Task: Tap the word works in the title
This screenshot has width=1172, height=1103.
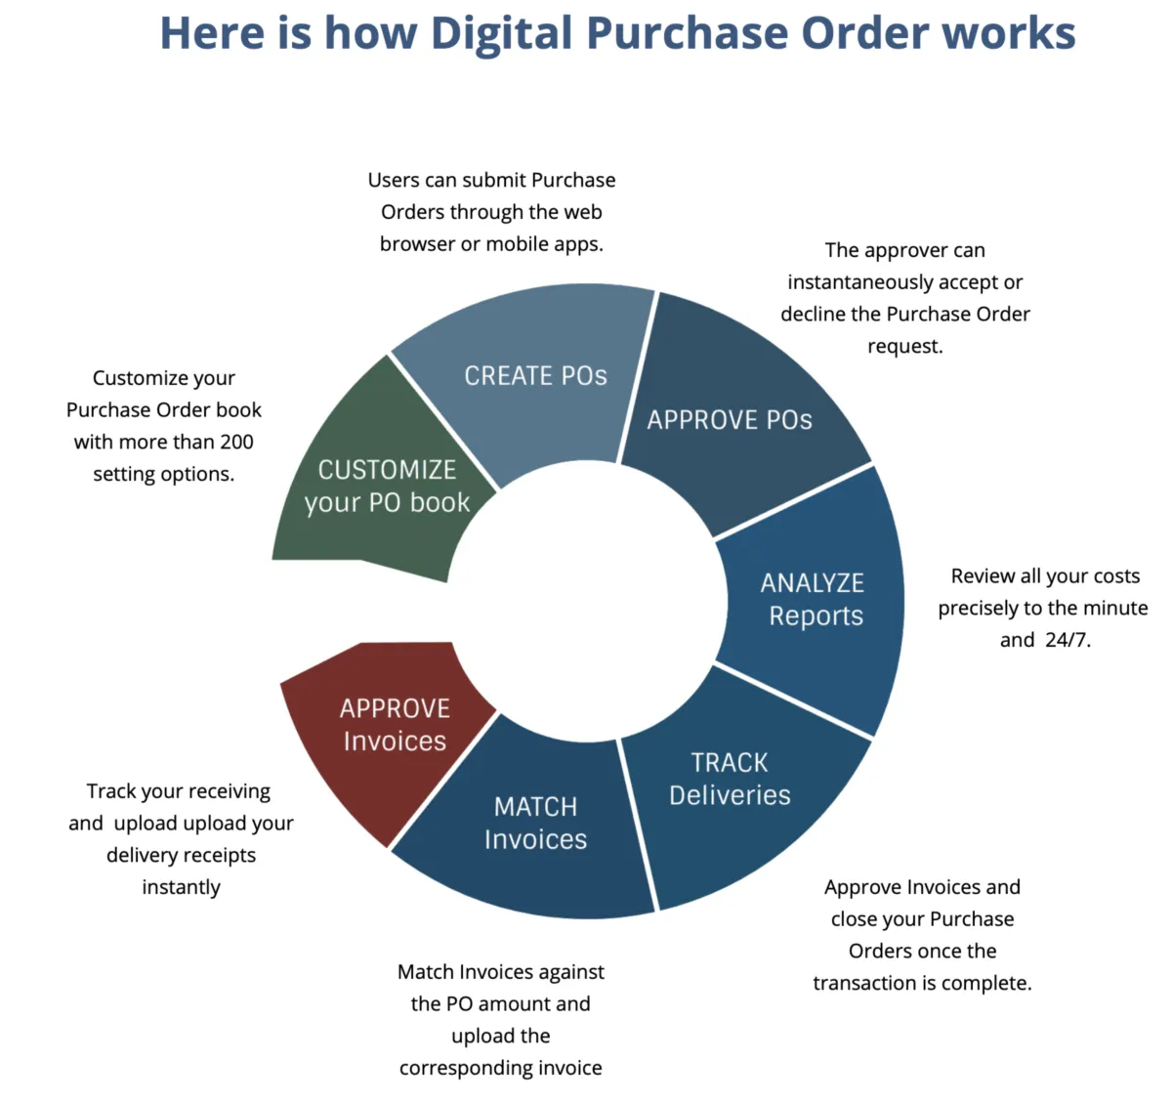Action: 1009,33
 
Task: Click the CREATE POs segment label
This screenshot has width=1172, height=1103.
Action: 535,375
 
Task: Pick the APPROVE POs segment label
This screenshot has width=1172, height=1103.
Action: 730,420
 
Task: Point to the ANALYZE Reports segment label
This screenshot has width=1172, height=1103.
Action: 813,599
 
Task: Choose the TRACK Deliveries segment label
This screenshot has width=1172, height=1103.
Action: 730,779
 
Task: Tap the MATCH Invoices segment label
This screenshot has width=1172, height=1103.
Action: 535,824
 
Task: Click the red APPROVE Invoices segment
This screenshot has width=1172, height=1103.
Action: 390,737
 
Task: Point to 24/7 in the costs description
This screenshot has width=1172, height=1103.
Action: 1067,640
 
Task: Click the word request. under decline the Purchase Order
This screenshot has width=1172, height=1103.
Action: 905,347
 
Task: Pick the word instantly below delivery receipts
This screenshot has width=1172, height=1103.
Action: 181,887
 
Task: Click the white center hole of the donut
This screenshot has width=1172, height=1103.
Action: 586,601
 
